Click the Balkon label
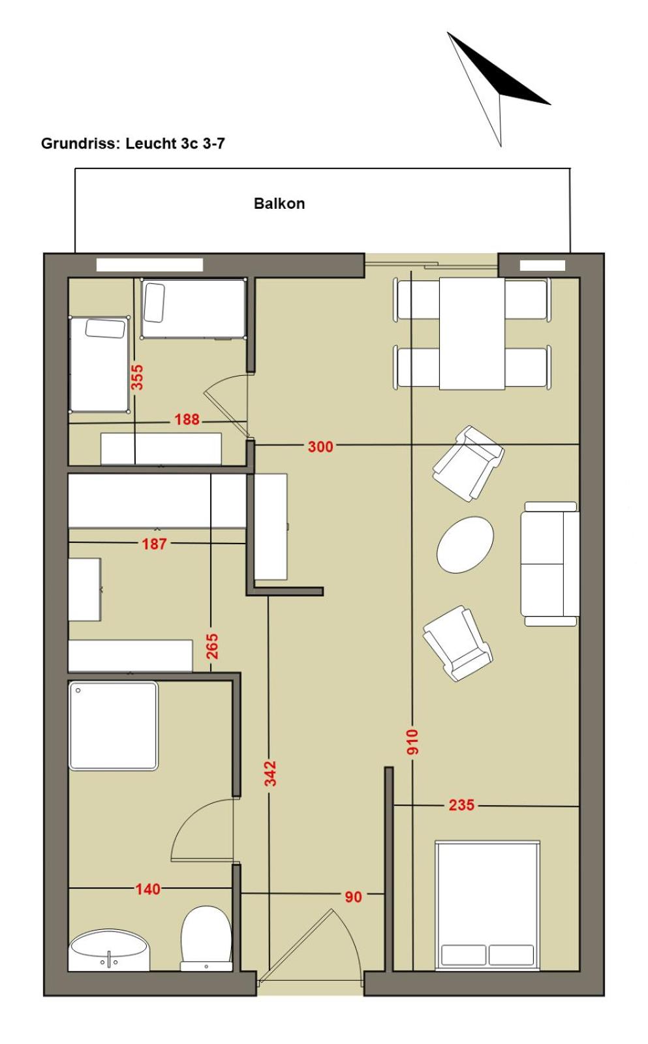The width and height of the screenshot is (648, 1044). [279, 204]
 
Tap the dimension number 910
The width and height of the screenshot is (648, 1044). [412, 742]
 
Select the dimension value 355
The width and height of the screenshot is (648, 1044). [137, 378]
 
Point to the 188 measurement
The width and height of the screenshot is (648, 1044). [187, 420]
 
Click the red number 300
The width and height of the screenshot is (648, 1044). [320, 446]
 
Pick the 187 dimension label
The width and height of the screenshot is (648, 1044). [154, 544]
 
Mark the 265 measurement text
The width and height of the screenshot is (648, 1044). [212, 646]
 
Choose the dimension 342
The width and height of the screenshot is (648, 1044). [270, 773]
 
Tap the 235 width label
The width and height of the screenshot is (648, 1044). [461, 805]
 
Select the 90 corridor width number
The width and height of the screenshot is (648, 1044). [354, 897]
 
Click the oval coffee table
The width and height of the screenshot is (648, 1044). [465, 545]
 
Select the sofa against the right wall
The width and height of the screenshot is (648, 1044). [550, 564]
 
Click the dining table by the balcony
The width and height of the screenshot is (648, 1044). [472, 333]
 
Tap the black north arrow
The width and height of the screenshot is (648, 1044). [499, 89]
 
